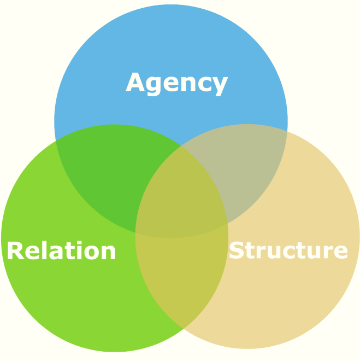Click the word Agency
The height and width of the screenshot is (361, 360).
coord(176,83)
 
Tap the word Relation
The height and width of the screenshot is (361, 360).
coord(61,251)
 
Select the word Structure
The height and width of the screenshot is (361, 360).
coord(288,251)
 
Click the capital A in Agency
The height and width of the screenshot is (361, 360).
coord(137,83)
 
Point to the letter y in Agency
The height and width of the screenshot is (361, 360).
coord(219,85)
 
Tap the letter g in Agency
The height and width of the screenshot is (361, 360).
coord(157,85)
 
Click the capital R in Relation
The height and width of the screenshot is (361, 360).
coord(15,251)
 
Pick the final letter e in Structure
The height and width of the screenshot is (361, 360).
coord(340,252)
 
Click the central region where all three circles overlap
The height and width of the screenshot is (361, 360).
coord(180,202)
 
